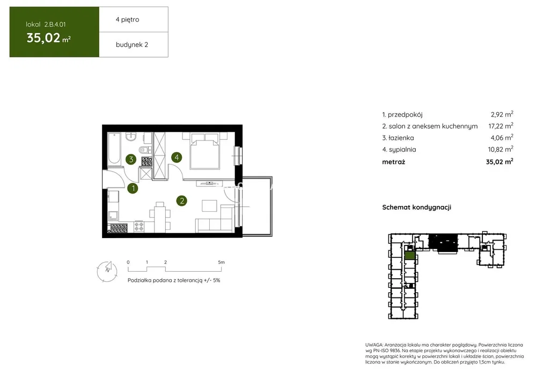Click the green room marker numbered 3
(x=131, y=159)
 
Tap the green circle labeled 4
(x=177, y=157)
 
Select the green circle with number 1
(x=133, y=188)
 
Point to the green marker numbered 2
(x=182, y=200)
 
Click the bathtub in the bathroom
(x=114, y=148)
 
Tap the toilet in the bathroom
(x=144, y=150)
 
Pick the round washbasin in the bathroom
(x=130, y=137)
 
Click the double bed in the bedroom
(x=204, y=151)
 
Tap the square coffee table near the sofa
(x=209, y=206)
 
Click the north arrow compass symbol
(x=107, y=271)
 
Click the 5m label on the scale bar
(x=221, y=262)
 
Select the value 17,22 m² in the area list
(x=501, y=126)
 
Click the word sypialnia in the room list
(x=402, y=150)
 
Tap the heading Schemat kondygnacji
(x=416, y=207)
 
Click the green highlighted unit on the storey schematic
(x=409, y=255)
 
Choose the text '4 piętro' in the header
(x=127, y=19)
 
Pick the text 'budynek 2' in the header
(x=131, y=44)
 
